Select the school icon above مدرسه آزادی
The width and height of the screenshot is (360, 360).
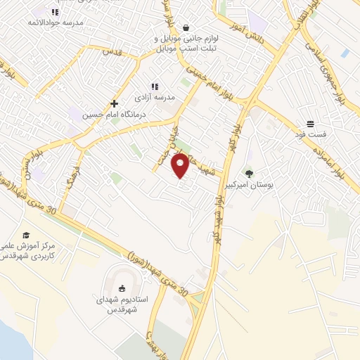tap(155, 86)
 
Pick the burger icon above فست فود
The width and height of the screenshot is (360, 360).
tap(309, 123)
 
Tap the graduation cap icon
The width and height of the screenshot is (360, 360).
tap(26, 235)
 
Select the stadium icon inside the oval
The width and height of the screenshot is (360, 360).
tap(122, 288)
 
